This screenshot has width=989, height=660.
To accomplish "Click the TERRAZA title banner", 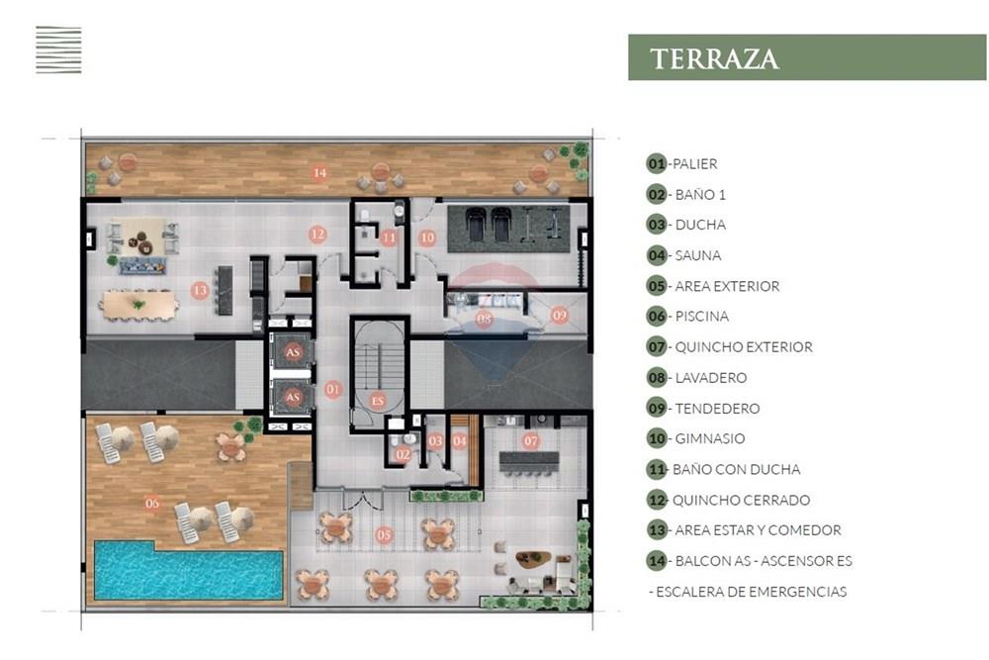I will (807, 57).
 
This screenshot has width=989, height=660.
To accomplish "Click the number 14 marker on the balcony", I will (319, 172).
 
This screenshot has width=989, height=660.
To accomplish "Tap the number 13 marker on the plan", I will (200, 291).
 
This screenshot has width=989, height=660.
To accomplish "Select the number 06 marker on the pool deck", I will (151, 502).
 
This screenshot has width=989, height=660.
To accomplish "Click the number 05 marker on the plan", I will (384, 535).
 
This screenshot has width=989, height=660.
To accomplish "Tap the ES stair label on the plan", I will (377, 401).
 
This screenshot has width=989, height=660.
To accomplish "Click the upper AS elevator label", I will (293, 351).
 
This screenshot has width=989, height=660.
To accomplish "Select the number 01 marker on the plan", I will (333, 390).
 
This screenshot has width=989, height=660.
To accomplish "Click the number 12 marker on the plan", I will (316, 235).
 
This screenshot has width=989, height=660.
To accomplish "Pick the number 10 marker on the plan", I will (426, 237).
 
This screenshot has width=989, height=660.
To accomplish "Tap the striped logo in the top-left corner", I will (58, 50).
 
